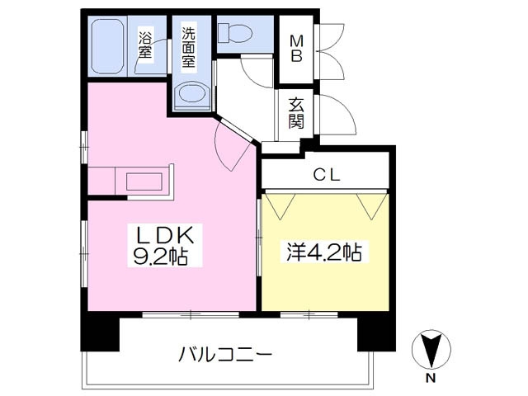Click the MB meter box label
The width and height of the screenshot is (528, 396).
click(x=296, y=48)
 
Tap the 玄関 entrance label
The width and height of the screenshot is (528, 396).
click(x=296, y=114)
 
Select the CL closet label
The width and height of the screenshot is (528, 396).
click(x=324, y=175)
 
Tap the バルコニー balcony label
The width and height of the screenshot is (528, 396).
click(x=225, y=356)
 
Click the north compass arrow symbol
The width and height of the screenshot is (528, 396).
click(x=431, y=350)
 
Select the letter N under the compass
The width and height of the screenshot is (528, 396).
click(x=431, y=379)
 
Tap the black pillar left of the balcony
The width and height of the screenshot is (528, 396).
click(x=99, y=334)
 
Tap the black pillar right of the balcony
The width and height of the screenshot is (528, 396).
click(x=372, y=334)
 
